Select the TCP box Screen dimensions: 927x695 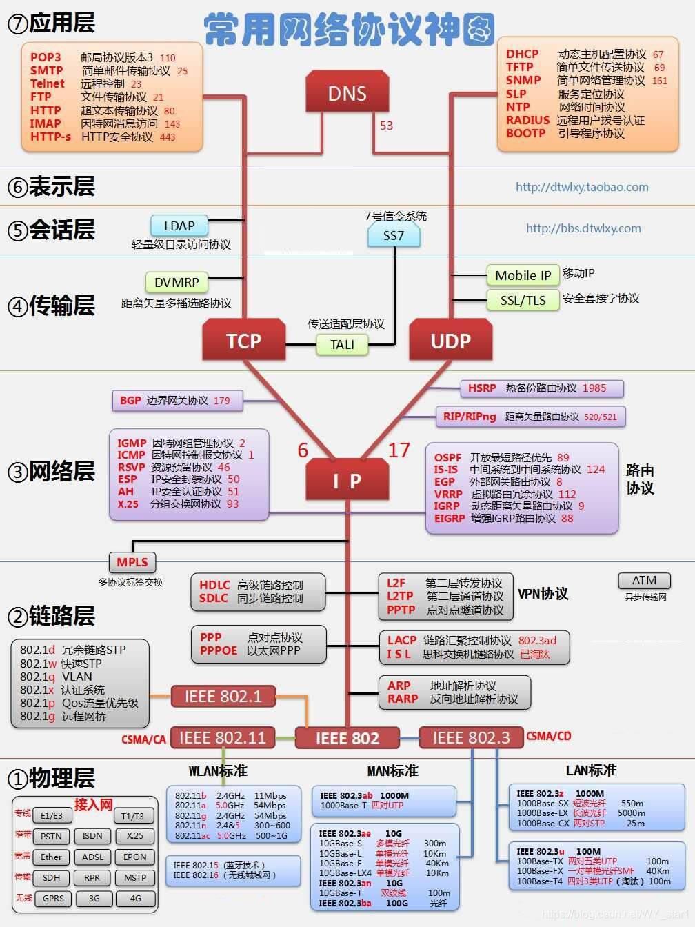(x=244, y=341)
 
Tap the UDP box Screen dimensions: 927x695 (x=450, y=341)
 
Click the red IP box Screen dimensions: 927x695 (x=347, y=480)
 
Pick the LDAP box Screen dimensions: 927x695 (x=179, y=226)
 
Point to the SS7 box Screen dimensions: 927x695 (x=393, y=235)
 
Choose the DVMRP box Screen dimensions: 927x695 (x=177, y=282)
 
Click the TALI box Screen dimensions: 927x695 (x=342, y=344)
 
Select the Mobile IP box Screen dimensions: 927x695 (x=523, y=275)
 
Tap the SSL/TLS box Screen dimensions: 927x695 (x=523, y=300)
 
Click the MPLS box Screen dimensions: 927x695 (x=132, y=561)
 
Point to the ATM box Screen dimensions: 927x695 (x=644, y=581)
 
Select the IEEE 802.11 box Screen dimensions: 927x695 (x=222, y=738)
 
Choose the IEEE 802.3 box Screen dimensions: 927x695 (x=471, y=738)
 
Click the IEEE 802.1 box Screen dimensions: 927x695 (x=223, y=697)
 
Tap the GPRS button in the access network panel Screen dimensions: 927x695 (x=53, y=898)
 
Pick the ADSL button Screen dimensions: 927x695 (x=92, y=857)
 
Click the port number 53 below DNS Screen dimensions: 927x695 (x=386, y=126)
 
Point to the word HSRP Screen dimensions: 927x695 (x=482, y=388)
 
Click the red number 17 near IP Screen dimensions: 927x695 (x=399, y=450)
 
